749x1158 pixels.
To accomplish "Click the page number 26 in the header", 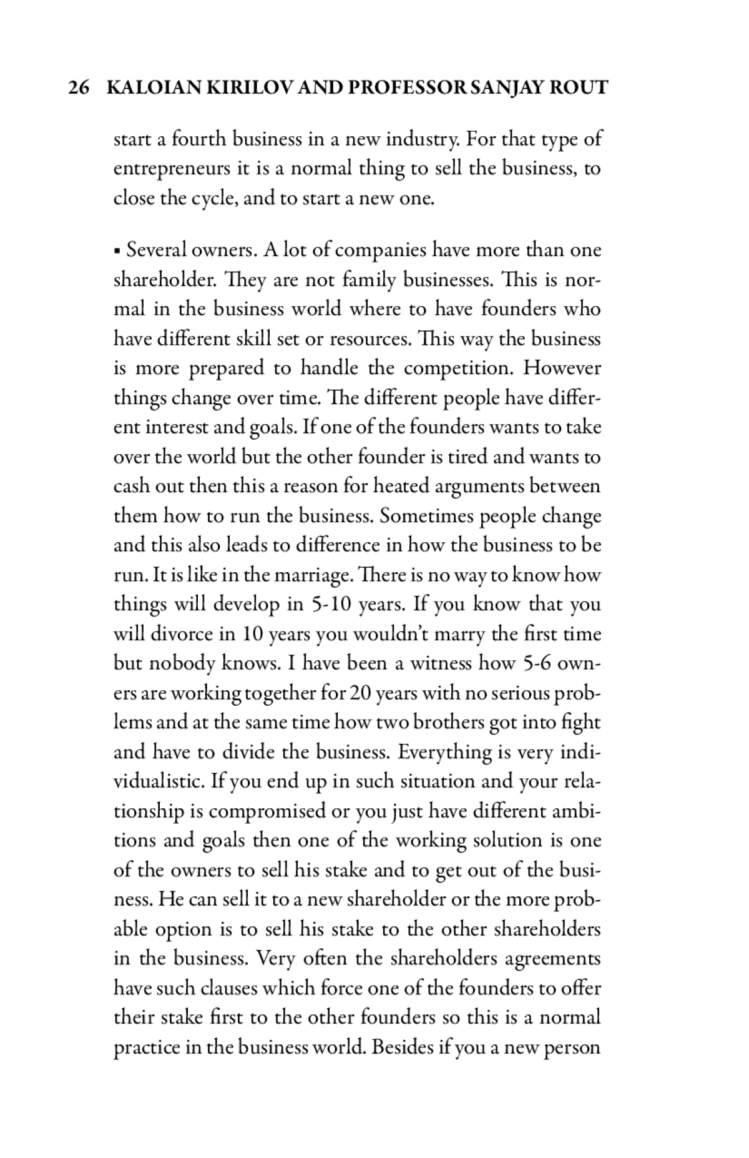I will pyautogui.click(x=78, y=87).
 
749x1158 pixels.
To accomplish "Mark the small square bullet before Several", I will pyautogui.click(x=117, y=251).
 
